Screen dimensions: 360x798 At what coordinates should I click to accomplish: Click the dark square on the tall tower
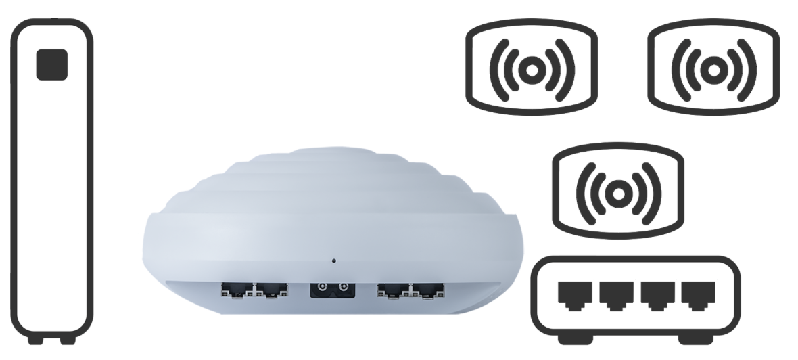(51, 64)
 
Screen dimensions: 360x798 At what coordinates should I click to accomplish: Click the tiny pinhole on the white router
(333, 260)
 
